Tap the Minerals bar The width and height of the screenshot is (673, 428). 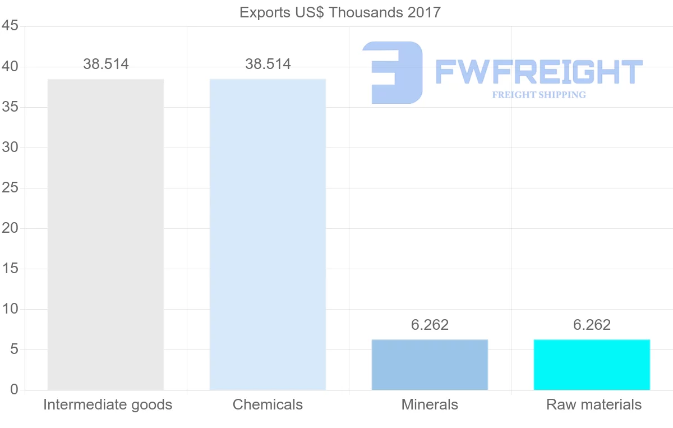pos(430,365)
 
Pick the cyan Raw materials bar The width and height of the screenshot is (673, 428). pos(592,365)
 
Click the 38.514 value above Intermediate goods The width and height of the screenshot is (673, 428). pos(106,65)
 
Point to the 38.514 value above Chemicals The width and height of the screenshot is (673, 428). pos(268,65)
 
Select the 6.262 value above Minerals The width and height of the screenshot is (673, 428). pos(430,325)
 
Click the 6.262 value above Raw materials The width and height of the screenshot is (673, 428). pos(592,325)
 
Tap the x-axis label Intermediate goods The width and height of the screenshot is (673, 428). pos(108,404)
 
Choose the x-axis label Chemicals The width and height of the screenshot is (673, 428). pos(268,404)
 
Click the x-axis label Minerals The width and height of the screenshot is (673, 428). pos(430,404)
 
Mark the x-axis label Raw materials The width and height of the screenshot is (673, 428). pos(594,404)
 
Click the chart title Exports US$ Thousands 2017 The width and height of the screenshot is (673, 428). pos(340,12)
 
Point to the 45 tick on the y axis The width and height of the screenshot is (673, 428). pos(11,26)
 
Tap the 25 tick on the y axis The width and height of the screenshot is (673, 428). pos(11,188)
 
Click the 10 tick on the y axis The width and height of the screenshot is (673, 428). pos(11,309)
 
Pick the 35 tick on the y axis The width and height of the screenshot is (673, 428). pos(11,107)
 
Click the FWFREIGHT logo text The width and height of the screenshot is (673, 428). pos(538,72)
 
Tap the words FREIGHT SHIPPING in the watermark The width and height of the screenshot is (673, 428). pos(539,95)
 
